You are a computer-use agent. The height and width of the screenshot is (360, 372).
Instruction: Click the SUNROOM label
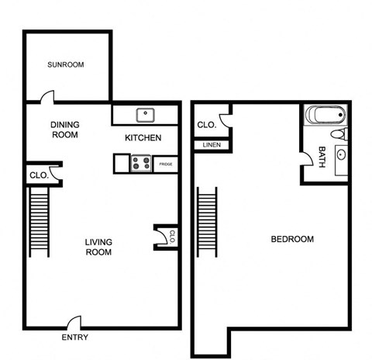(x=66, y=64)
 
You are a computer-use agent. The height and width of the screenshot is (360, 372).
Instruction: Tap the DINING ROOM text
(x=65, y=130)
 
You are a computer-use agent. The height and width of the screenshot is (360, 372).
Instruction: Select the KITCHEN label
(x=143, y=138)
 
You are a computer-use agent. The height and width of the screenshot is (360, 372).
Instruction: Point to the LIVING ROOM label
(x=98, y=247)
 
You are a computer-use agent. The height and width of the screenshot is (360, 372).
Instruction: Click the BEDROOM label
(x=292, y=239)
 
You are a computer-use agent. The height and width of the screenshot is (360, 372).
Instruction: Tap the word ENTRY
(x=75, y=337)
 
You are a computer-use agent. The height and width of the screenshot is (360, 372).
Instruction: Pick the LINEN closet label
(x=211, y=145)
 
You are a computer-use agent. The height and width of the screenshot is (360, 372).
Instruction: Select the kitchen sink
(x=145, y=116)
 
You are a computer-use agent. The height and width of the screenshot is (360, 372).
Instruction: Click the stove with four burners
(x=142, y=163)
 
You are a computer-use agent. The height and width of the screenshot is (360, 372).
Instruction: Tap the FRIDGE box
(x=166, y=164)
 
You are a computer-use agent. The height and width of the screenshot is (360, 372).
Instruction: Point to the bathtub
(x=323, y=116)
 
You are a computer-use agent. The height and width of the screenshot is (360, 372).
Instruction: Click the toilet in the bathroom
(x=338, y=135)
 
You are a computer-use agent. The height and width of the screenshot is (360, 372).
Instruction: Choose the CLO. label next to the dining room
(x=39, y=175)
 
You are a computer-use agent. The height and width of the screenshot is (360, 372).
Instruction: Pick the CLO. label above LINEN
(x=205, y=125)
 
